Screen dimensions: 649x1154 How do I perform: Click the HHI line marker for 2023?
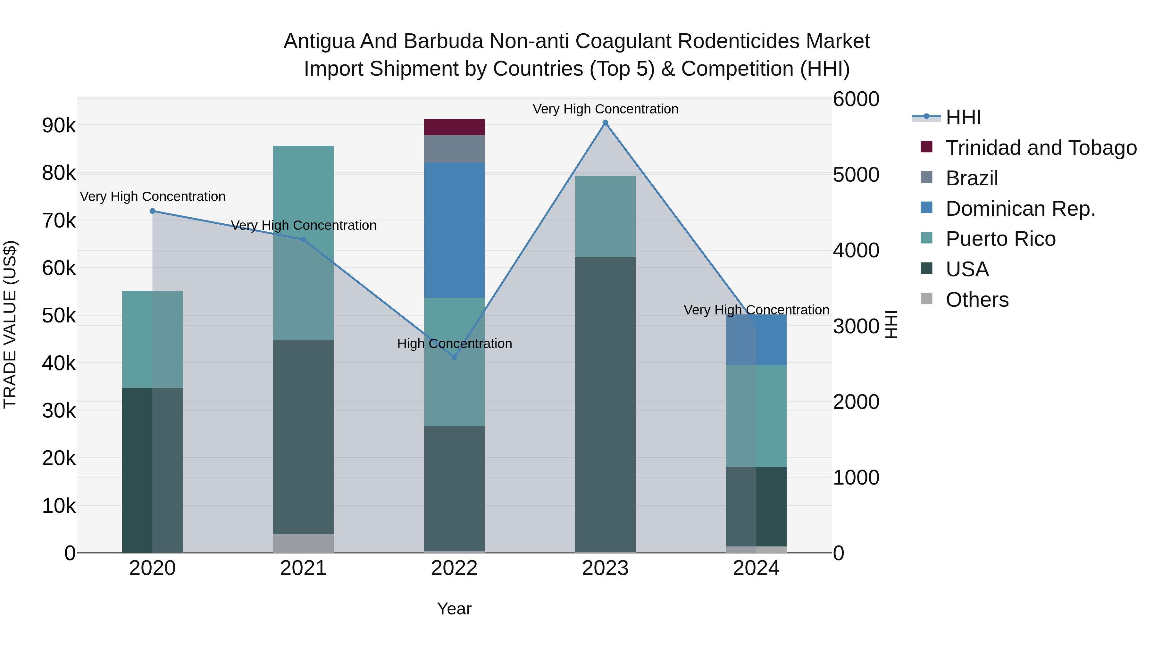605,123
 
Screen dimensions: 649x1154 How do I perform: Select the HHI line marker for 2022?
454,357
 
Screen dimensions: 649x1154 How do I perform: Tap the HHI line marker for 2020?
152,211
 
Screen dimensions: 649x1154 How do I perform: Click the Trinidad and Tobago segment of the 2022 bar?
454,127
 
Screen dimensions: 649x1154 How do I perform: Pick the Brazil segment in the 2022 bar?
454,149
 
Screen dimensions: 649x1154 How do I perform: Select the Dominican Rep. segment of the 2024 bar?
756,340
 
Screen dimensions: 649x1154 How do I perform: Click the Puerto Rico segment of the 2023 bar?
605,216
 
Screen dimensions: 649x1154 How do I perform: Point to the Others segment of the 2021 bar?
303,543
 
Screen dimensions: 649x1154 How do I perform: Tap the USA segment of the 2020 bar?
152,470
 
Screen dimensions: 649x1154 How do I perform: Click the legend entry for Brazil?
972,178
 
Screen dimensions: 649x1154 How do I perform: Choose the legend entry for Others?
977,300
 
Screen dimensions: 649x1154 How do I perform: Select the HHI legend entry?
963,117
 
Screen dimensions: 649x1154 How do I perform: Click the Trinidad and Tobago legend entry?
1041,148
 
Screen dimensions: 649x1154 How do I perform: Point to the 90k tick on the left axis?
59,126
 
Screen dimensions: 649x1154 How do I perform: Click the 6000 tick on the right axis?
856,99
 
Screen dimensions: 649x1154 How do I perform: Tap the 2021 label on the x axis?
303,568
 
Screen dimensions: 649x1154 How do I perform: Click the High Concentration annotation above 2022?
454,344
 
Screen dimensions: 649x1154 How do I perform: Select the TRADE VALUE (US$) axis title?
10,324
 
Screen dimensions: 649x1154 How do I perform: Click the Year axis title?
454,609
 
